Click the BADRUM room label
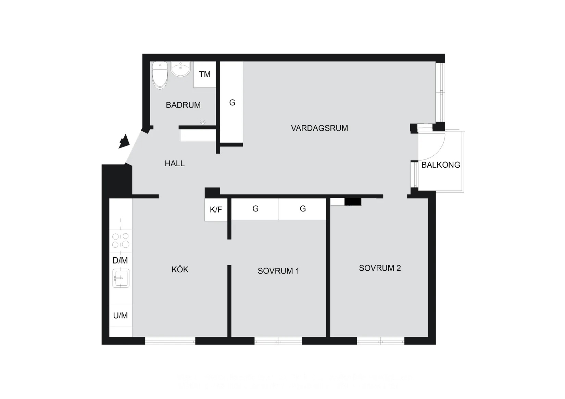point(183,105)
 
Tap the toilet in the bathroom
point(160,75)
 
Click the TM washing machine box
point(205,74)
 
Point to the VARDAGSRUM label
point(319,128)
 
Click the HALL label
point(175,164)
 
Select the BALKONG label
point(441,165)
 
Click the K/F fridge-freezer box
point(216,209)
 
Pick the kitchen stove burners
point(121,240)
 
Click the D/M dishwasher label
point(120,261)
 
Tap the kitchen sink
point(121,278)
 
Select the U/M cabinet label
point(121,316)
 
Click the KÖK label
point(180,270)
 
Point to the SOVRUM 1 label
point(278,271)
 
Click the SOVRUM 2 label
point(380,268)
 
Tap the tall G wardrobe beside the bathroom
point(232,103)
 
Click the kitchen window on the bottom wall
point(170,342)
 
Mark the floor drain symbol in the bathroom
point(203,122)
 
